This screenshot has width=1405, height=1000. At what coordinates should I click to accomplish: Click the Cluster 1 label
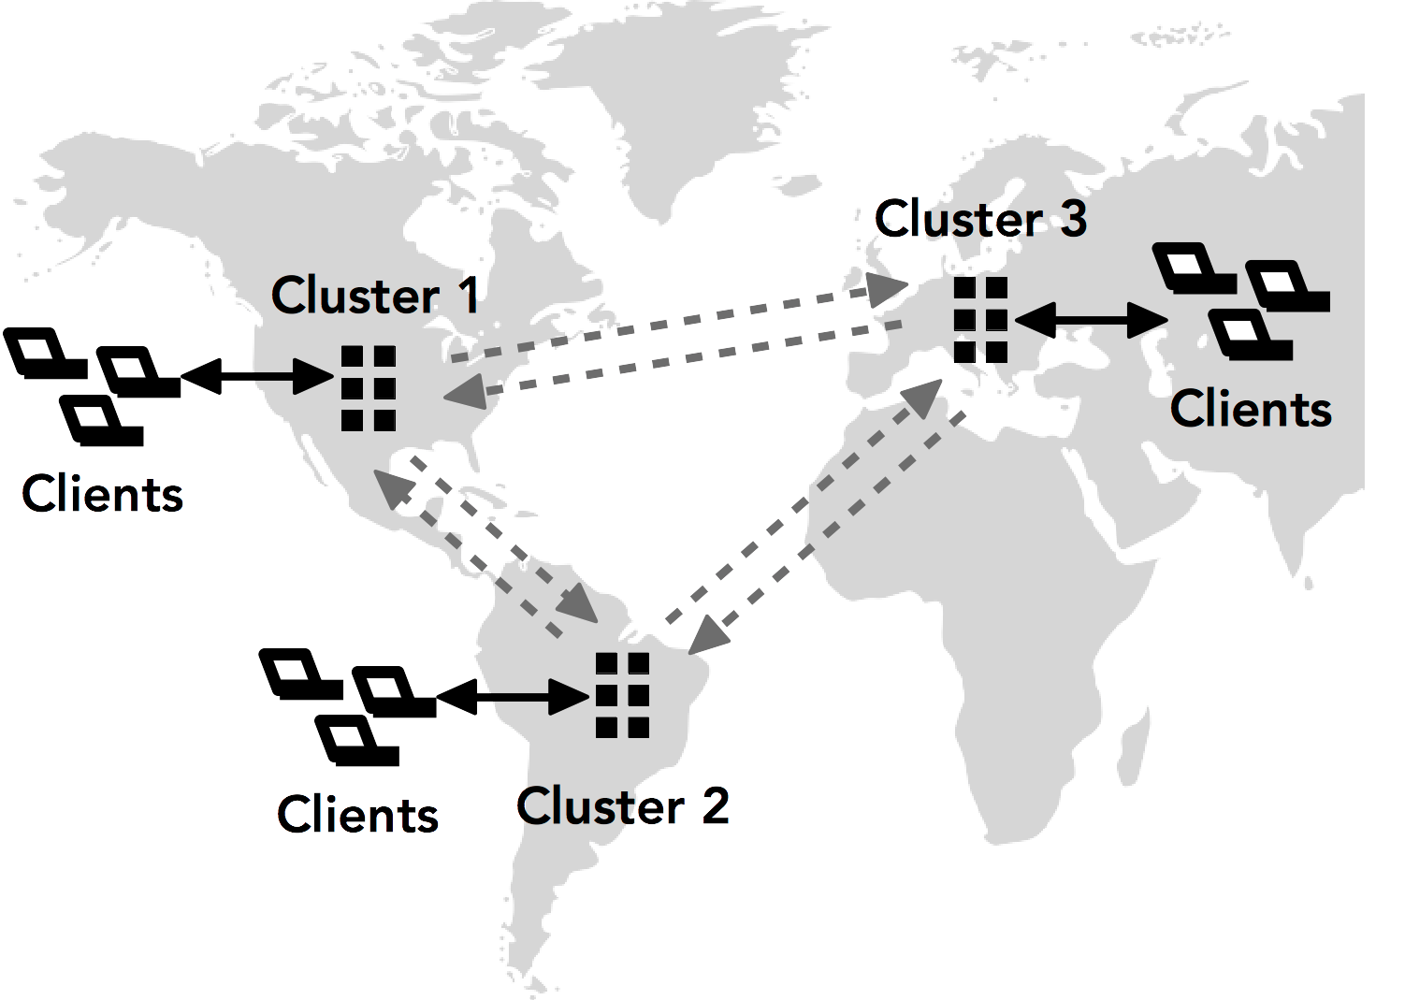(375, 296)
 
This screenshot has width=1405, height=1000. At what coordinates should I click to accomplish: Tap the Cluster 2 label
(623, 806)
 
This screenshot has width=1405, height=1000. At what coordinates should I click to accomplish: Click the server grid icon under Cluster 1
(369, 388)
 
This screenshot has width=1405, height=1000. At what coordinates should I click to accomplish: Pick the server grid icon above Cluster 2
(623, 695)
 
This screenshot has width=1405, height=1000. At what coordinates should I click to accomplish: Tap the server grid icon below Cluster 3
(980, 320)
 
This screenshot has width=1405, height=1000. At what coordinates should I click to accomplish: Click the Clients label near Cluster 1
(102, 494)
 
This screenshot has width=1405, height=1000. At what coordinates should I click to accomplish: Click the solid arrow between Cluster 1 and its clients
(257, 377)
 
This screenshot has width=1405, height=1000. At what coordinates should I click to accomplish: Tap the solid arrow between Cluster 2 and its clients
(513, 696)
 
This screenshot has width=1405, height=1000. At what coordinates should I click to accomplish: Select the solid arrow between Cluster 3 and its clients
(1091, 321)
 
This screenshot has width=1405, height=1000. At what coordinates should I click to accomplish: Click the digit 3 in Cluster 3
(1074, 219)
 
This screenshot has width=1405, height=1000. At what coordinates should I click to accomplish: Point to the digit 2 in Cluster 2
(715, 806)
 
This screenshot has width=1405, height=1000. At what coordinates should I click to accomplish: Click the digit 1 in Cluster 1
(470, 296)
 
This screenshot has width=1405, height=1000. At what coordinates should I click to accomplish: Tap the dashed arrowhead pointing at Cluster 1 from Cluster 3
(466, 393)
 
